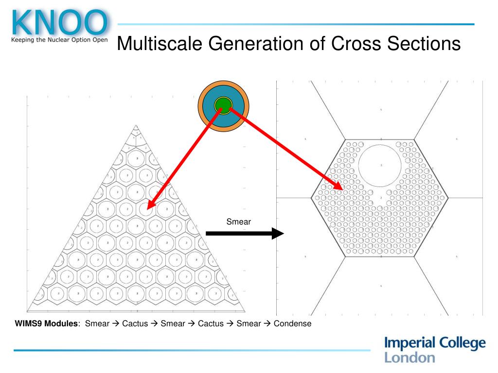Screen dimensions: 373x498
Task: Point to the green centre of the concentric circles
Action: coord(223,104)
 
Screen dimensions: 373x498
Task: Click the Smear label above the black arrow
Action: coord(238,222)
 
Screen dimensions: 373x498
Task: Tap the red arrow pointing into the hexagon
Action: coord(287,148)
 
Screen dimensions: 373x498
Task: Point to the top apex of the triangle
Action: coord(137,125)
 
